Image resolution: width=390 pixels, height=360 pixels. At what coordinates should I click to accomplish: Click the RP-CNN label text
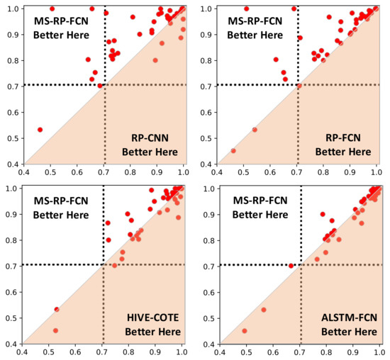pos(150,137)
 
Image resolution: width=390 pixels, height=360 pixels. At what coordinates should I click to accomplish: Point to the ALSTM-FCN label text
pos(343,318)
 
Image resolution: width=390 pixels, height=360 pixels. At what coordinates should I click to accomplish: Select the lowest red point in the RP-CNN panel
pos(40,130)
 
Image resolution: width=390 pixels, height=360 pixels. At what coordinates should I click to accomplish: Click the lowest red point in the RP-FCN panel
pos(234,150)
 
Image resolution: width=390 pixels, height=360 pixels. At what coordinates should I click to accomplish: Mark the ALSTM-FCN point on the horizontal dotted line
pos(291,266)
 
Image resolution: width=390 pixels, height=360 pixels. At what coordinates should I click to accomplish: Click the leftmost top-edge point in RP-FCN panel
pos(247,9)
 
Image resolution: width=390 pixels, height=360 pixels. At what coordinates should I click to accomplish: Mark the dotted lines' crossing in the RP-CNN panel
pos(105,85)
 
